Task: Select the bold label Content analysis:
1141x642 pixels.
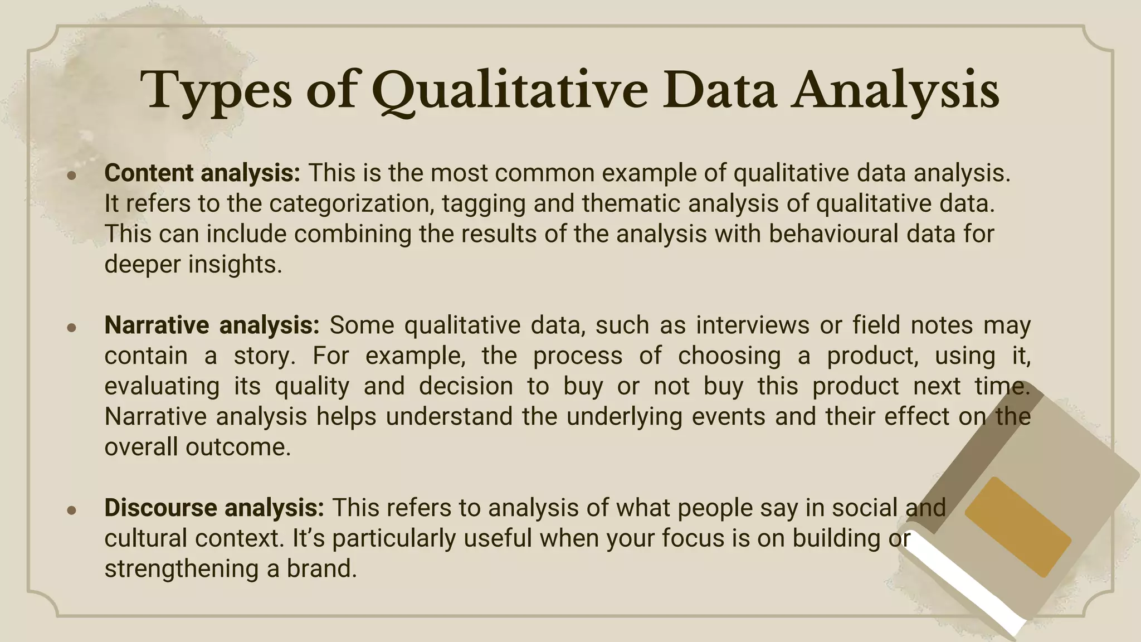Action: tap(202, 173)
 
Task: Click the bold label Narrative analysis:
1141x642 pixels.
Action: tap(212, 325)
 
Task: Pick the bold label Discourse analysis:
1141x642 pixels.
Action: tap(214, 508)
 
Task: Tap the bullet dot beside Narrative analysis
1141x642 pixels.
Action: tap(71, 328)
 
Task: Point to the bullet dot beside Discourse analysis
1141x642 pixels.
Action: tap(71, 510)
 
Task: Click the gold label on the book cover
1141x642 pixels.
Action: tap(1018, 527)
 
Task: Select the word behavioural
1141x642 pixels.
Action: tap(833, 234)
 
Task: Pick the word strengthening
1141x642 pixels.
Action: tap(181, 569)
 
